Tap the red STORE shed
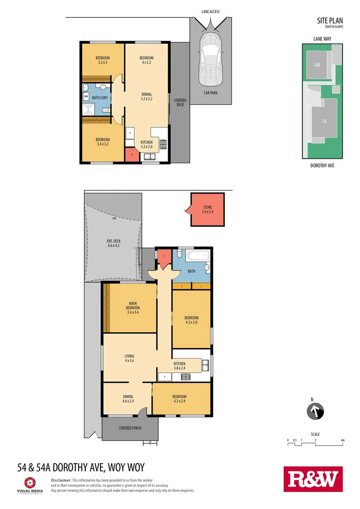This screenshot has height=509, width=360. (x=207, y=210)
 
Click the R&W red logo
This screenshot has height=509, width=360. (x=313, y=479)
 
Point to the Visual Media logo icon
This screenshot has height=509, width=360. (x=30, y=482)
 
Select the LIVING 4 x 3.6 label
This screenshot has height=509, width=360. (x=130, y=358)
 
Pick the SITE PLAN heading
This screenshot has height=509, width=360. (x=329, y=20)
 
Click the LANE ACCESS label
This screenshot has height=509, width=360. (x=210, y=12)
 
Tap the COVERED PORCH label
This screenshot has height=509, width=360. (x=130, y=428)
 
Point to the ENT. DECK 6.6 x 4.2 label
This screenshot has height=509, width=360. (x=114, y=243)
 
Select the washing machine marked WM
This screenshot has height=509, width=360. (x=86, y=97)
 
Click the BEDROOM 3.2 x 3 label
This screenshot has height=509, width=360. (x=103, y=60)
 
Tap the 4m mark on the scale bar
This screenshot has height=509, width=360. (x=343, y=440)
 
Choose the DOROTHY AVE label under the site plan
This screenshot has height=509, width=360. (x=322, y=166)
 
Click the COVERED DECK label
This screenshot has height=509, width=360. (x=180, y=102)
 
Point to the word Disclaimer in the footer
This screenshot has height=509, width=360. (x=61, y=479)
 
